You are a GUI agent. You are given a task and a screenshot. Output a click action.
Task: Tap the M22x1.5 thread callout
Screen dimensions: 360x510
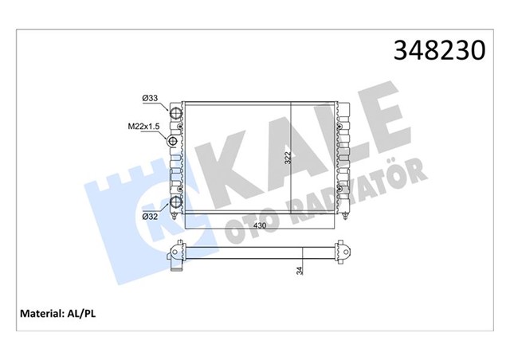146,126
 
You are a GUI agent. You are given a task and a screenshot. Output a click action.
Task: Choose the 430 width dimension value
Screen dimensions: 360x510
260,227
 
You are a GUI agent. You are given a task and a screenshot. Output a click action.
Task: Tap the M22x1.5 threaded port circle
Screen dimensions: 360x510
175,142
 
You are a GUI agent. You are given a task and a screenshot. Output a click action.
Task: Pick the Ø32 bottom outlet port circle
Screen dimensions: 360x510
177,202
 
